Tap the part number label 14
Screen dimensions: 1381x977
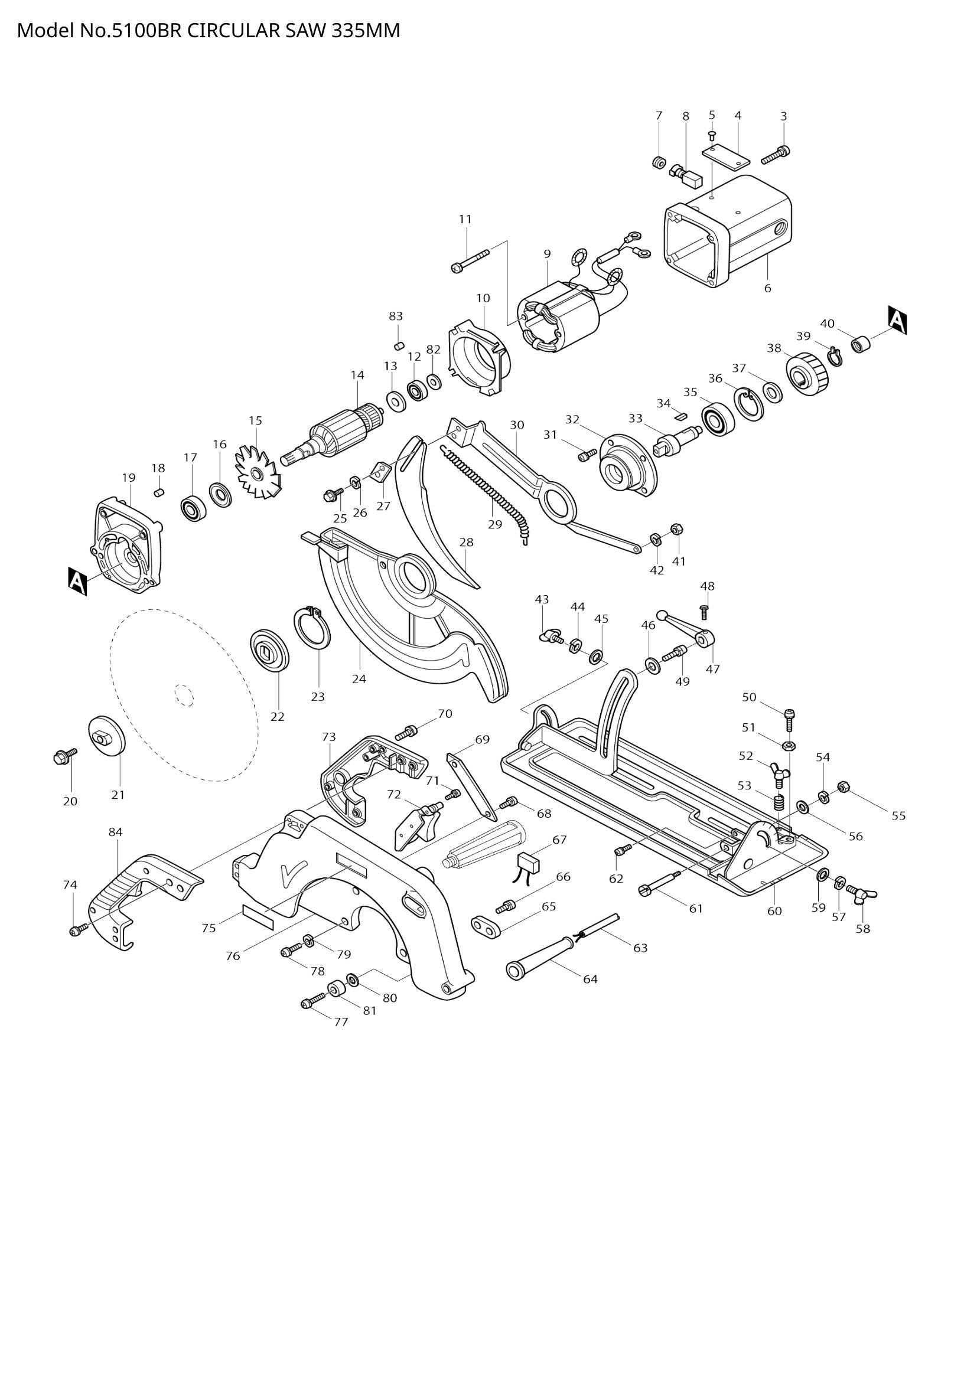pyautogui.click(x=357, y=376)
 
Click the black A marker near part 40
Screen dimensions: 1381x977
pyautogui.click(x=897, y=320)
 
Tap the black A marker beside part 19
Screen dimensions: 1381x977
pyautogui.click(x=77, y=581)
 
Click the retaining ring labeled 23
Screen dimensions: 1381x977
pyautogui.click(x=312, y=628)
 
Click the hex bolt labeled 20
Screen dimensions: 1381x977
pyautogui.click(x=63, y=758)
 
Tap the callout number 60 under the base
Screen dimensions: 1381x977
pyautogui.click(x=774, y=910)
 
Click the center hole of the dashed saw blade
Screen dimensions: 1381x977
pyautogui.click(x=184, y=696)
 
